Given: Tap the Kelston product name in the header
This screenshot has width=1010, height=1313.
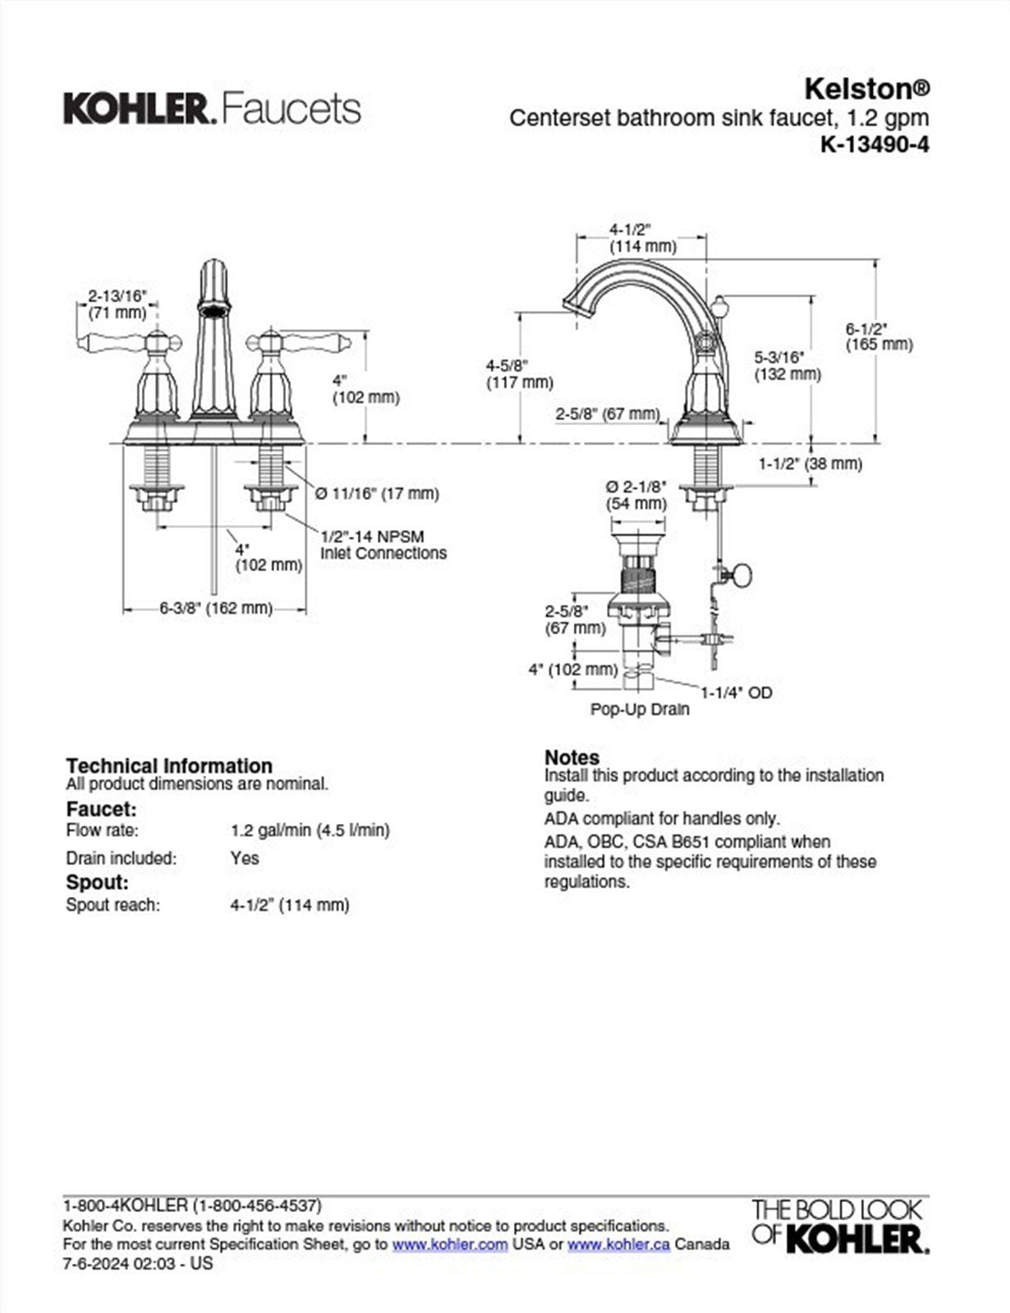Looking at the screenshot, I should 866,88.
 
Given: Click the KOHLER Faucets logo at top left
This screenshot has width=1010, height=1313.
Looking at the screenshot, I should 212,109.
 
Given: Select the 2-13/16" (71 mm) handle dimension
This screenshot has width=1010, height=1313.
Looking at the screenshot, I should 117,304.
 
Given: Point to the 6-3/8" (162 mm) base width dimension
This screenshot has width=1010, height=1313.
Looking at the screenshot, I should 215,608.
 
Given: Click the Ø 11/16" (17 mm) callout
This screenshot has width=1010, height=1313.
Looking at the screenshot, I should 377,493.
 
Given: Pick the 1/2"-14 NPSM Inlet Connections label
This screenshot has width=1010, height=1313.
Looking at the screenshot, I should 383,545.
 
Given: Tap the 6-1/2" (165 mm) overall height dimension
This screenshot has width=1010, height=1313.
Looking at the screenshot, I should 879,336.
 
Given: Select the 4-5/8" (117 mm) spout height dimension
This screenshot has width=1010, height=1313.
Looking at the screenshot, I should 519,373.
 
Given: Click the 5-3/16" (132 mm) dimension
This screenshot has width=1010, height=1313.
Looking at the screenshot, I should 787,365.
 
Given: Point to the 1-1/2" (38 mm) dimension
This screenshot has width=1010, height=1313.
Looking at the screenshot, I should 809,464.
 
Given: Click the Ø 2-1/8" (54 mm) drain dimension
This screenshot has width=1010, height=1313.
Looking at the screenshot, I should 636,494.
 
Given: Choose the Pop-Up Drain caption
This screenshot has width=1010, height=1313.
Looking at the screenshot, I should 640,709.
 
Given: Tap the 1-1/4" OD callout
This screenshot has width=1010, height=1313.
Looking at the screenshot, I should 736,693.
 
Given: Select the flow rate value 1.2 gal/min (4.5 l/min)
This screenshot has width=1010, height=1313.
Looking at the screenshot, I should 310,830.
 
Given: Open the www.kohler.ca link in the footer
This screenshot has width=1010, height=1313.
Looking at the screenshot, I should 617,1244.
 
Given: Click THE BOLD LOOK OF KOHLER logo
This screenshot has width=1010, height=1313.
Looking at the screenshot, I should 839,1226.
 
